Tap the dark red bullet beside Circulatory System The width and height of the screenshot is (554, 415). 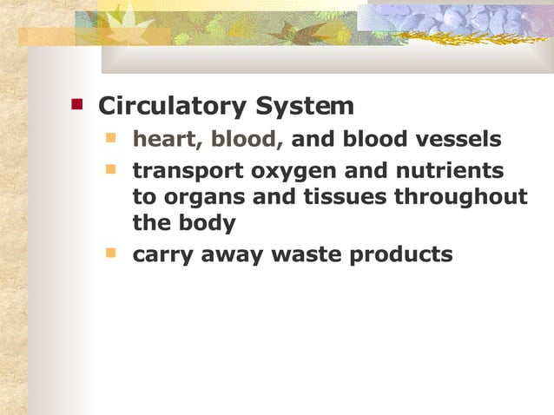click(x=76, y=104)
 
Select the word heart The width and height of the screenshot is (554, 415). click(x=165, y=139)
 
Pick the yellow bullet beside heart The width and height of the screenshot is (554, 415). click(x=110, y=137)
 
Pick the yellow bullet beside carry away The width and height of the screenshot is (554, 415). click(x=110, y=254)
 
